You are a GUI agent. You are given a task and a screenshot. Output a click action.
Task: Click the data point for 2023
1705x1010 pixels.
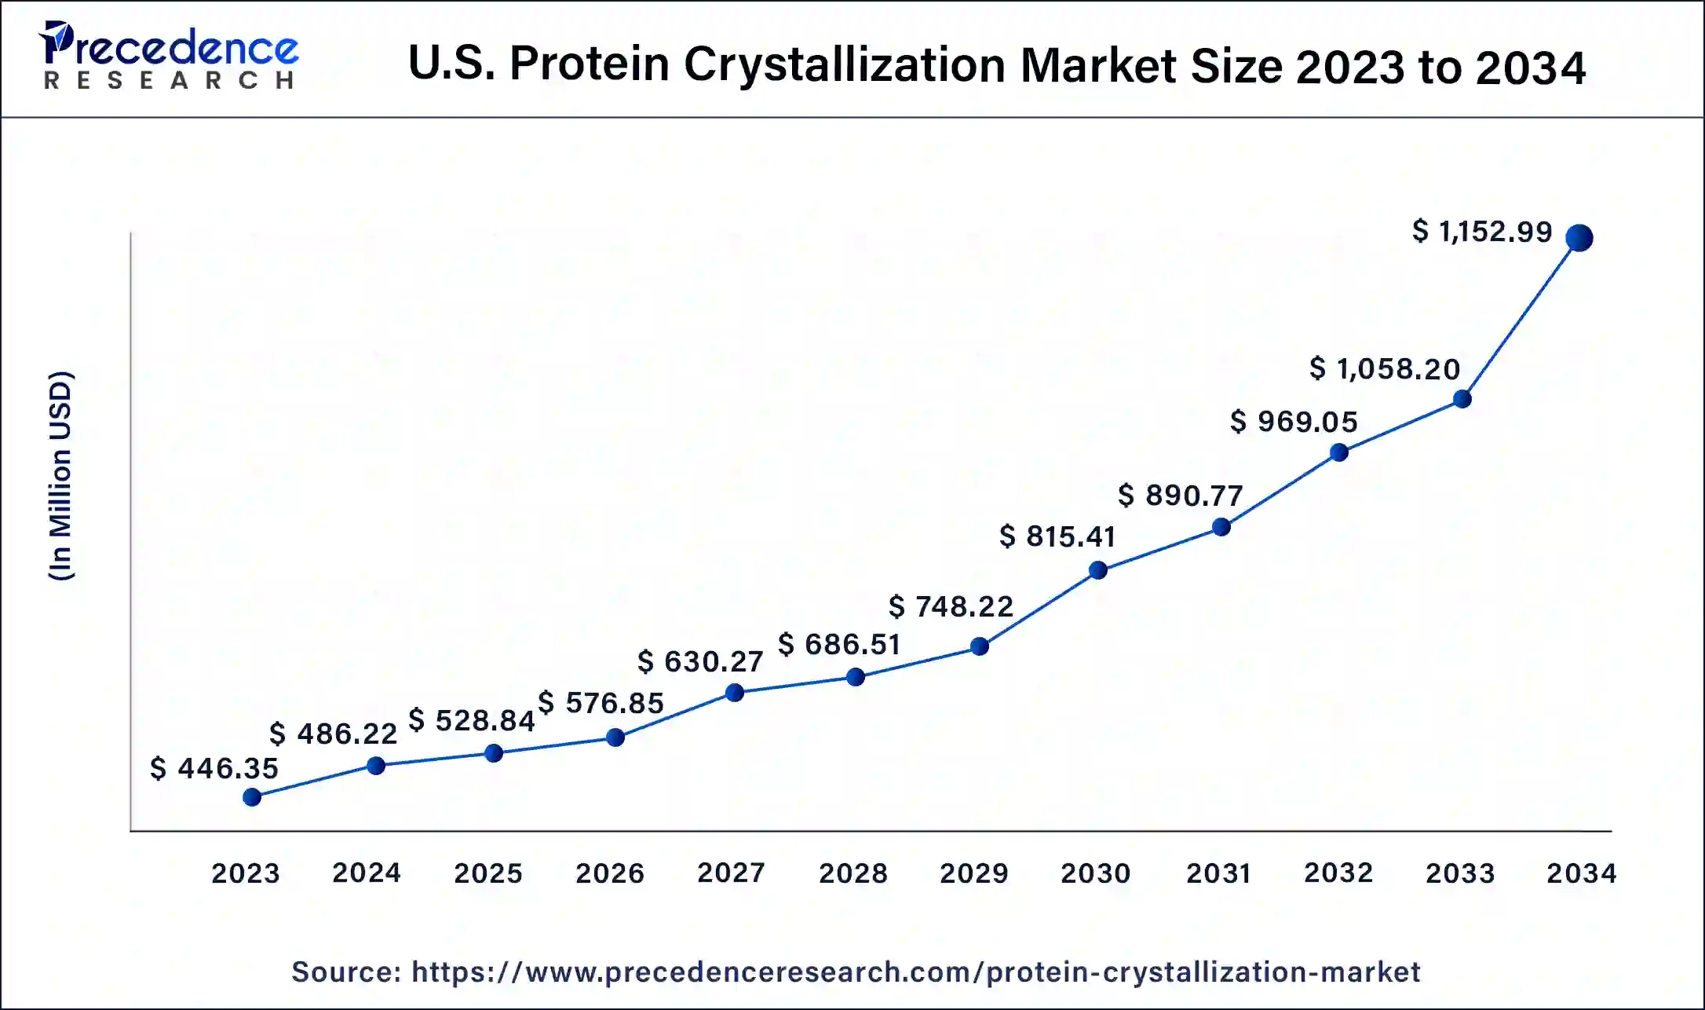tap(252, 798)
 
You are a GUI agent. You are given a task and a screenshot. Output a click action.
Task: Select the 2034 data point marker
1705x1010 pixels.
tap(1579, 237)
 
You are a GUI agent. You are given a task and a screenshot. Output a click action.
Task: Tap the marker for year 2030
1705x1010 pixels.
tap(1098, 570)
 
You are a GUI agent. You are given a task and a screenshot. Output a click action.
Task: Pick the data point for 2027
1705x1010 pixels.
tap(735, 693)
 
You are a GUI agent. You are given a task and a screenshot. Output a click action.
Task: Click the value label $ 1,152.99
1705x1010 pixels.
tap(1482, 232)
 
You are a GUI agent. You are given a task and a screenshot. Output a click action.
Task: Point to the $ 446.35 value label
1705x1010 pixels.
tap(214, 768)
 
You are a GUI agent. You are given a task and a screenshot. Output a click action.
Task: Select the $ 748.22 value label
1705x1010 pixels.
tap(951, 606)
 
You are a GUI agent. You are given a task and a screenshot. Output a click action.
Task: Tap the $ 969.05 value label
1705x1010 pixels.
tap(1294, 422)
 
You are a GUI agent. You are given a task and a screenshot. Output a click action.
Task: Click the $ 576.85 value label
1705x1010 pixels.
tap(601, 703)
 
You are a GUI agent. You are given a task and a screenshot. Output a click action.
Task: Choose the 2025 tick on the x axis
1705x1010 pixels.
tap(488, 873)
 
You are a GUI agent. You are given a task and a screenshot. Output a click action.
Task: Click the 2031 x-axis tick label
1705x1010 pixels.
tap(1218, 873)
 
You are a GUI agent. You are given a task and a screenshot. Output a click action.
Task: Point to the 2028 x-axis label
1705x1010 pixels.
tap(853, 873)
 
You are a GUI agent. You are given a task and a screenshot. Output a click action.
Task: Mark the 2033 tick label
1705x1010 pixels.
tap(1460, 873)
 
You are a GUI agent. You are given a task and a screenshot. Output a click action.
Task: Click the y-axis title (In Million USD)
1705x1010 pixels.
tap(61, 475)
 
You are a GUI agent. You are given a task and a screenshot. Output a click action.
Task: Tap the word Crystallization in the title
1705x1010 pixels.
tap(845, 64)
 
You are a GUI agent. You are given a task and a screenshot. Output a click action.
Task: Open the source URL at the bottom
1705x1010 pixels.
tap(915, 972)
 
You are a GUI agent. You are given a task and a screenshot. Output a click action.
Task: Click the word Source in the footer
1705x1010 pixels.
tap(346, 972)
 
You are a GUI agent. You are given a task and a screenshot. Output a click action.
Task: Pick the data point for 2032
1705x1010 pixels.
tap(1339, 452)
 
